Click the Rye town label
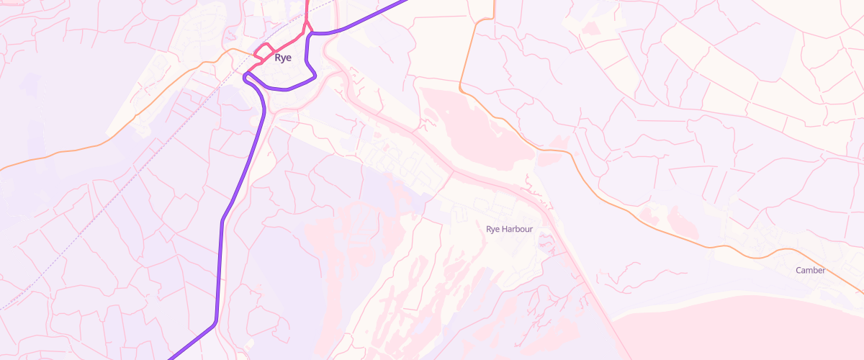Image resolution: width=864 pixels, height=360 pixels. pyautogui.click(x=283, y=58)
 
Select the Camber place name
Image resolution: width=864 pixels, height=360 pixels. pyautogui.click(x=811, y=271)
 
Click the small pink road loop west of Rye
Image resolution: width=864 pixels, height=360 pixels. pyautogui.click(x=264, y=53)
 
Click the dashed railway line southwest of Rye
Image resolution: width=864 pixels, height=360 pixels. pyautogui.click(x=108, y=209)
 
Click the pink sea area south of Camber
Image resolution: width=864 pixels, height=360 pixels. pyautogui.click(x=742, y=331)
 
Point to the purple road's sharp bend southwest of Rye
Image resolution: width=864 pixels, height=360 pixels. pyautogui.click(x=214, y=324)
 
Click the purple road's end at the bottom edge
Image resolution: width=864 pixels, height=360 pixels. pyautogui.click(x=171, y=357)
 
